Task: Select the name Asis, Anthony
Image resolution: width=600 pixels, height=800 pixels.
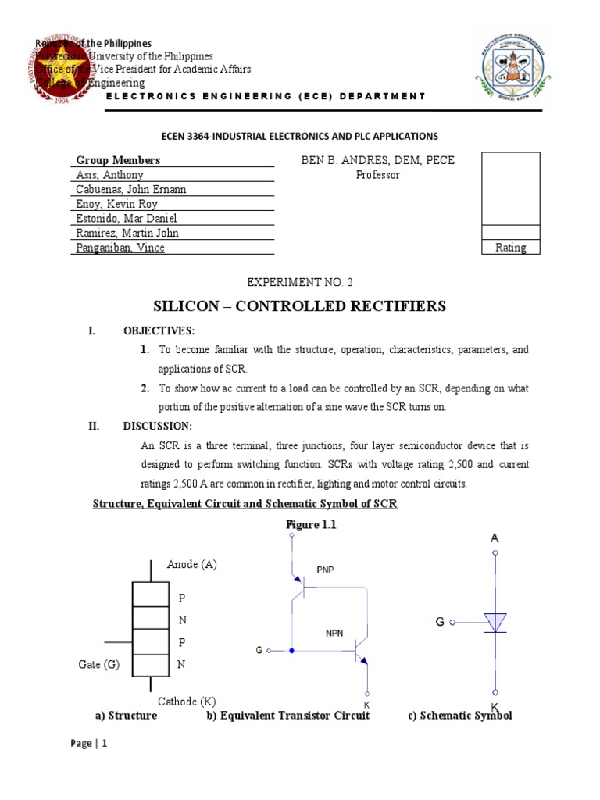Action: click(109, 175)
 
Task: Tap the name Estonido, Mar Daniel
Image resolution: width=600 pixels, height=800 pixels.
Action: click(126, 218)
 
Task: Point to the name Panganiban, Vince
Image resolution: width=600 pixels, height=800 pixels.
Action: click(120, 248)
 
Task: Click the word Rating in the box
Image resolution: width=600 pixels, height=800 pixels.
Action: click(510, 248)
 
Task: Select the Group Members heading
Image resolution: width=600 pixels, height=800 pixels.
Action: click(118, 160)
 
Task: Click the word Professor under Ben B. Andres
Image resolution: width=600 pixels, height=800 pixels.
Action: click(377, 175)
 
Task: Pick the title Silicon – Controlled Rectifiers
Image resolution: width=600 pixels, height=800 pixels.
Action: click(300, 305)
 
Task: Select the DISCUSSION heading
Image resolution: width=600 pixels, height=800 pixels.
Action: click(157, 426)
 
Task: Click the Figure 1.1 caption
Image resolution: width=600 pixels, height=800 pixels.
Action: click(311, 525)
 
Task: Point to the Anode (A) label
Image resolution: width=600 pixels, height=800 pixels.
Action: click(192, 565)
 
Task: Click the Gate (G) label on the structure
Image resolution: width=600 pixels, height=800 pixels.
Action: click(100, 664)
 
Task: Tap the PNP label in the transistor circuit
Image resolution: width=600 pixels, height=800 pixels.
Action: click(326, 570)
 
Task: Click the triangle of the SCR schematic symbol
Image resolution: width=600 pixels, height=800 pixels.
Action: click(495, 622)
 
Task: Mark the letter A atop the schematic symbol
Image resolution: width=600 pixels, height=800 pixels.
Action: click(495, 537)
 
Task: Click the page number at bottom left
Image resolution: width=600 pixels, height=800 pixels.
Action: click(88, 744)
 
